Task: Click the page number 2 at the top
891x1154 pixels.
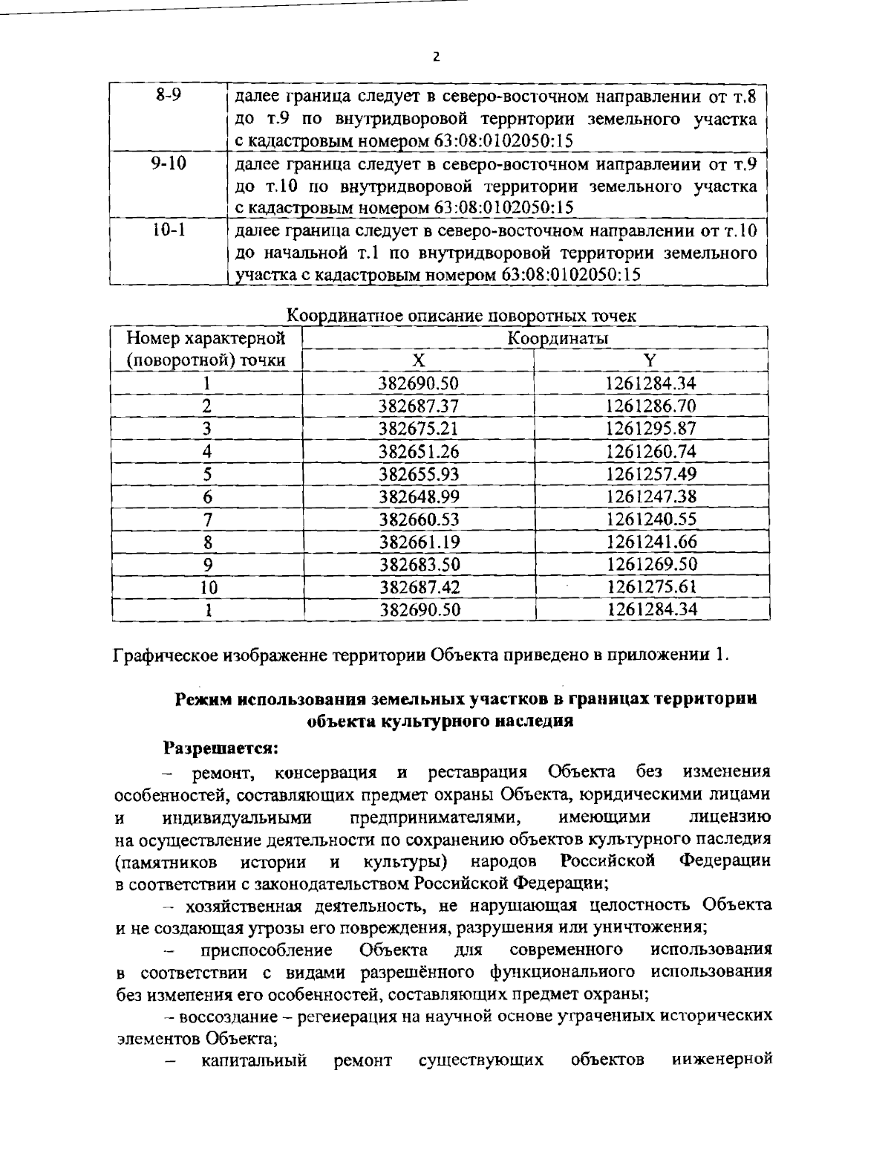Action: point(437,56)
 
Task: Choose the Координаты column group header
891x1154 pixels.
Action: point(558,338)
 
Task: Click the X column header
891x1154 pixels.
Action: point(419,360)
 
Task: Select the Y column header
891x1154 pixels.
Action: point(650,360)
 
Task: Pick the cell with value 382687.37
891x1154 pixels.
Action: point(419,406)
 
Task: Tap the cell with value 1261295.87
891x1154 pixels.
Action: point(651,429)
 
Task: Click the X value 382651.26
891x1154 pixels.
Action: point(419,451)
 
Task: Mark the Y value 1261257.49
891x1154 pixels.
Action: point(651,474)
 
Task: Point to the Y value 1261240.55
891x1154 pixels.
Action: point(651,519)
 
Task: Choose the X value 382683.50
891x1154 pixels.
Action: point(420,564)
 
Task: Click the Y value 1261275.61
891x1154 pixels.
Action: point(651,587)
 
